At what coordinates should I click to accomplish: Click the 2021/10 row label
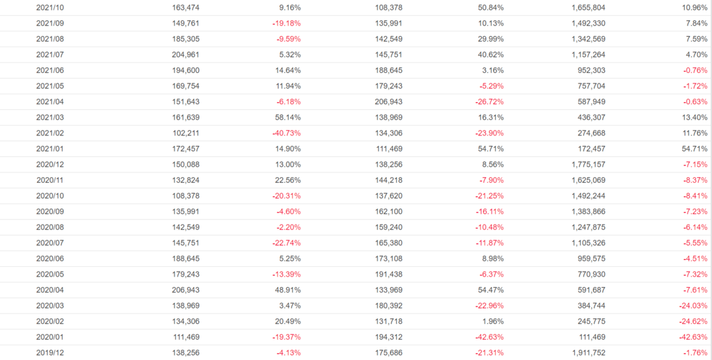coord(50,7)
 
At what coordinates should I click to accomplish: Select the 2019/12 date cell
coord(50,353)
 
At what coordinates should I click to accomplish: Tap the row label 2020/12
coord(50,164)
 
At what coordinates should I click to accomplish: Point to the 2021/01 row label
coord(50,149)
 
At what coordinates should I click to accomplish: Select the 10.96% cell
coord(693,7)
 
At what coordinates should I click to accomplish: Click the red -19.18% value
coord(286,23)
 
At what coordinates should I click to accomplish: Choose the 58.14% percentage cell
coord(288,117)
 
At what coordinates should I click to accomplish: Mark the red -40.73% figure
coord(286,133)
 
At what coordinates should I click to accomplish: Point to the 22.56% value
coord(288,180)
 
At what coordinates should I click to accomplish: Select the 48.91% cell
coord(288,290)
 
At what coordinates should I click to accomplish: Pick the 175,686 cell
coord(387,353)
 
